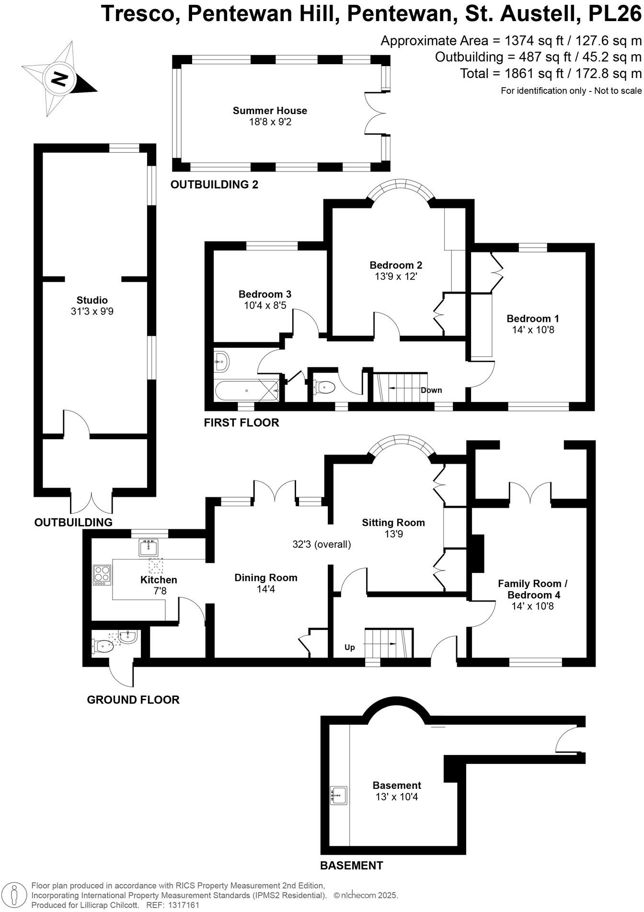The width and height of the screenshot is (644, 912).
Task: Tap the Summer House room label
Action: click(270, 111)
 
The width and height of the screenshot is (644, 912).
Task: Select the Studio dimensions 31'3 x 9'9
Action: click(92, 311)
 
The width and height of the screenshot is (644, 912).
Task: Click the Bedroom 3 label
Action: click(265, 294)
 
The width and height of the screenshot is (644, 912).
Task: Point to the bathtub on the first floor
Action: click(246, 391)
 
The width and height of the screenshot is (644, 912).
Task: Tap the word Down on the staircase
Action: click(431, 390)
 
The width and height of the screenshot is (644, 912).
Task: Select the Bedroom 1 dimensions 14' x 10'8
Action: click(533, 330)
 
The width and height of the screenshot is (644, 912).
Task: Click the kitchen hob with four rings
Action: click(102, 575)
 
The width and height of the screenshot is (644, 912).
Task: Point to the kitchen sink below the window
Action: click(149, 547)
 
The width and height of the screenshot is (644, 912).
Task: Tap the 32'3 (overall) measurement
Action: click(322, 544)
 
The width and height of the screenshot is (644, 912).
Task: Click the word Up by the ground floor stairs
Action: click(350, 648)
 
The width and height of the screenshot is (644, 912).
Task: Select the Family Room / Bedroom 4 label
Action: click(533, 589)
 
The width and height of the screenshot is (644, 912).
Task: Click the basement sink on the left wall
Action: click(339, 795)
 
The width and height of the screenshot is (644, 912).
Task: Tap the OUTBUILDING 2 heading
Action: click(214, 184)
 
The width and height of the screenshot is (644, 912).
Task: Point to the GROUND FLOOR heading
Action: click(133, 700)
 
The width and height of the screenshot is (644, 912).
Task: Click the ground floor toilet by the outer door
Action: click(104, 647)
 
